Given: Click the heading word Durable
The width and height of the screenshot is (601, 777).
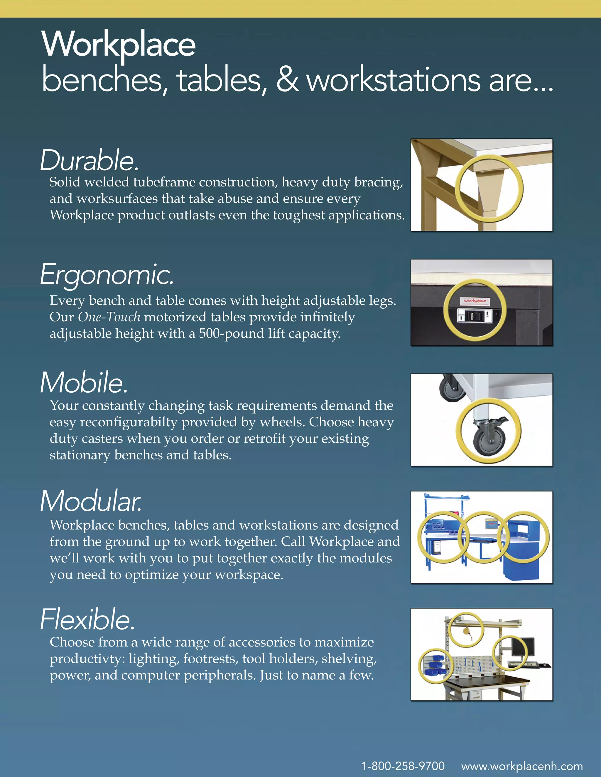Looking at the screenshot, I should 89,161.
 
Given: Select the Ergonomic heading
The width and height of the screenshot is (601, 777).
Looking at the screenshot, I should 107,275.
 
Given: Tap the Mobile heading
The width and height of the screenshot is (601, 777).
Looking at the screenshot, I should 84,383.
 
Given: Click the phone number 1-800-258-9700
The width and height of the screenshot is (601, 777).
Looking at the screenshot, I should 403,766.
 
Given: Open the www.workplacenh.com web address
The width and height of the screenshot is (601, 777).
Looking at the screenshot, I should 522,766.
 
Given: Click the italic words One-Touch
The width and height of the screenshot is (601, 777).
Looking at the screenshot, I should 109,317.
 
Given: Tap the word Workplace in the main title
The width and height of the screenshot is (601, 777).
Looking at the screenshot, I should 119,45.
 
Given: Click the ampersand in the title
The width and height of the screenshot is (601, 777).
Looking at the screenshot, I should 287,80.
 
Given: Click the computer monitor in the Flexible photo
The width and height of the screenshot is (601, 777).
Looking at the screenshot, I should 523,647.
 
